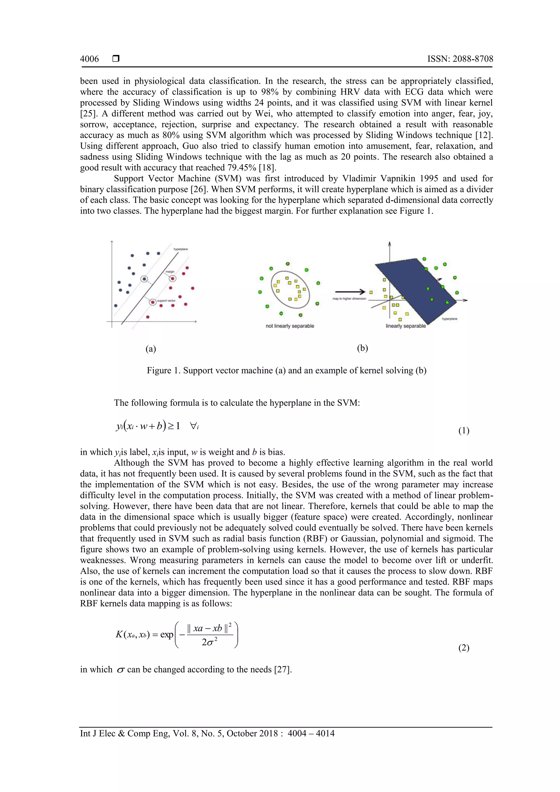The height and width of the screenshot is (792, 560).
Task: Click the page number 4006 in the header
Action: (x=89, y=59)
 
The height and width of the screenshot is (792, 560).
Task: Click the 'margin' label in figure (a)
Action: (x=170, y=272)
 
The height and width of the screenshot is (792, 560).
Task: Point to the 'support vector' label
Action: (x=166, y=301)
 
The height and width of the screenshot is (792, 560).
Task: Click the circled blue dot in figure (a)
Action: (x=145, y=279)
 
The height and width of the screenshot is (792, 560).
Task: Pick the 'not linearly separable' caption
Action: (x=290, y=326)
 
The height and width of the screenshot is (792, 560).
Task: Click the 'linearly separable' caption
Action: (x=406, y=326)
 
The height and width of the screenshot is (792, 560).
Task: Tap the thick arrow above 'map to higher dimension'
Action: (x=350, y=291)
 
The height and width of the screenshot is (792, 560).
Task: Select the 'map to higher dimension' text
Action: (x=349, y=299)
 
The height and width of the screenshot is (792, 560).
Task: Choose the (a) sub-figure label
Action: (x=150, y=349)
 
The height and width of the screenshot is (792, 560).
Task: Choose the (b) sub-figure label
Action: (x=362, y=348)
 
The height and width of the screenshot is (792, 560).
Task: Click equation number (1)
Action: (x=464, y=431)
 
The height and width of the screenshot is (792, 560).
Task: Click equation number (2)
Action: (x=464, y=648)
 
